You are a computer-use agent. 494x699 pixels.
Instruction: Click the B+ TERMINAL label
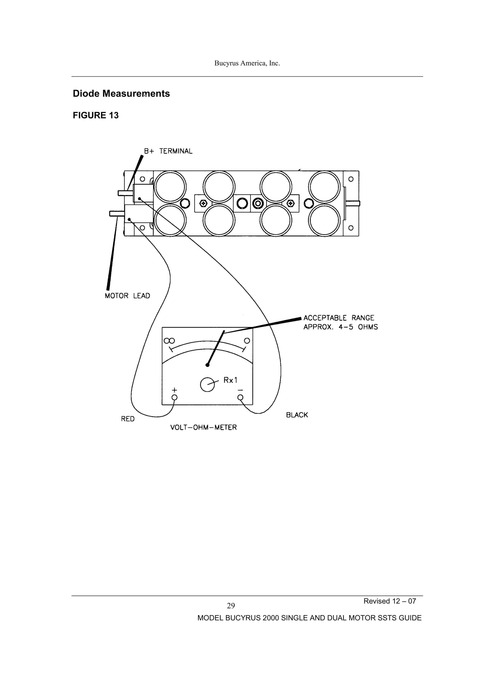pyautogui.click(x=168, y=151)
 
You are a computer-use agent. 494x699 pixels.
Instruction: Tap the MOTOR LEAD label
pyautogui.click(x=127, y=296)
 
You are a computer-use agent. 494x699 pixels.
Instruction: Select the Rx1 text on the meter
pyautogui.click(x=230, y=380)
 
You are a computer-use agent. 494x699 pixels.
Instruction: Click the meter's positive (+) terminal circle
pyautogui.click(x=175, y=397)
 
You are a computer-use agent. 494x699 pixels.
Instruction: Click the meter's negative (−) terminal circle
pyautogui.click(x=240, y=397)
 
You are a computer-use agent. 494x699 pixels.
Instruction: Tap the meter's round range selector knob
pyautogui.click(x=207, y=385)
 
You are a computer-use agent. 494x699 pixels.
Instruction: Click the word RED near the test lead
pyautogui.click(x=128, y=419)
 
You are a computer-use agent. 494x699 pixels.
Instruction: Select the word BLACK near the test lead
pyautogui.click(x=297, y=415)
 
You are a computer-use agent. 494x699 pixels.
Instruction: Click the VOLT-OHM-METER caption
pyautogui.click(x=203, y=428)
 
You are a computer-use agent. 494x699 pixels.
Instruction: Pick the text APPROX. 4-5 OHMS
pyautogui.click(x=340, y=327)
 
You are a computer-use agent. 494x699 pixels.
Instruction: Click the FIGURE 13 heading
pyautogui.click(x=96, y=115)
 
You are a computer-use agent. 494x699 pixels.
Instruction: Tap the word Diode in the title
pyautogui.click(x=86, y=93)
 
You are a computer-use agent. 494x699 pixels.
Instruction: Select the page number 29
pyautogui.click(x=231, y=606)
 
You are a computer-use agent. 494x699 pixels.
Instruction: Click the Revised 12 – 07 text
pyautogui.click(x=390, y=601)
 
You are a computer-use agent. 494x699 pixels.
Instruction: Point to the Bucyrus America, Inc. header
pyautogui.click(x=247, y=63)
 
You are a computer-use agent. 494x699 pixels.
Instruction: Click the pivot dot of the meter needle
pyautogui.click(x=207, y=365)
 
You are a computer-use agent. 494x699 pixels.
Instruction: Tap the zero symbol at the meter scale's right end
pyautogui.click(x=247, y=341)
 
